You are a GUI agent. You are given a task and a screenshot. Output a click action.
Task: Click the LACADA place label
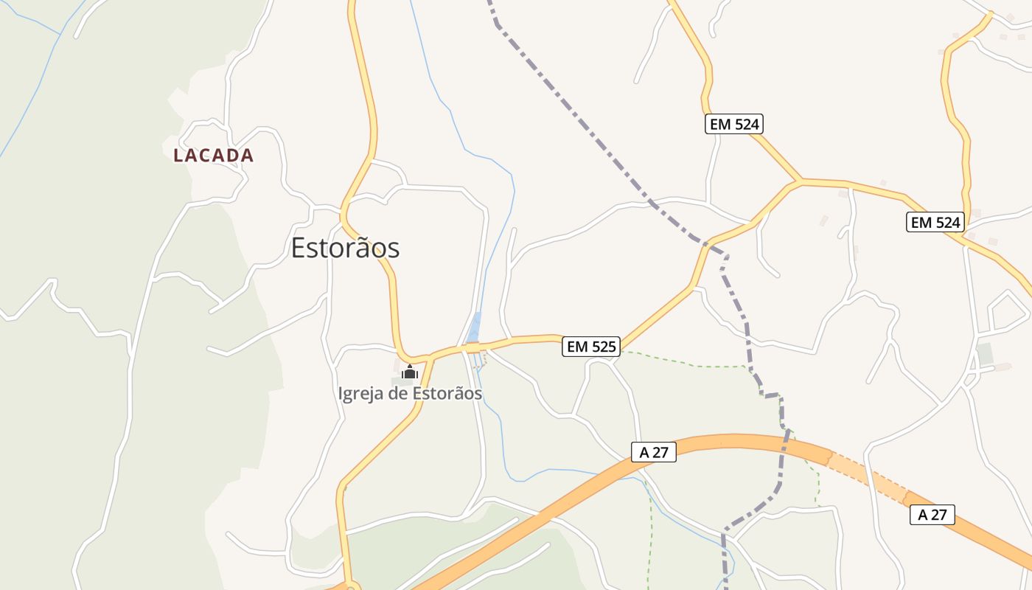213,156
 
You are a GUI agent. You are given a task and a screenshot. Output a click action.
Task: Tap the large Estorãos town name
345,248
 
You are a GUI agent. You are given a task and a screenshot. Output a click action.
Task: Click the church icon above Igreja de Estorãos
410,372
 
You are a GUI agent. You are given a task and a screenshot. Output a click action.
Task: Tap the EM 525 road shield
591,346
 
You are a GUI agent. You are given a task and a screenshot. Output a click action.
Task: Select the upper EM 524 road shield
733,124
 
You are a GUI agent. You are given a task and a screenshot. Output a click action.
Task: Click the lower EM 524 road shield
935,222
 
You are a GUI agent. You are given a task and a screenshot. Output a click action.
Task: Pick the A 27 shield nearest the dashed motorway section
932,515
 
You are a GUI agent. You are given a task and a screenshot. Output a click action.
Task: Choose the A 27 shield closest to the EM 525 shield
653,452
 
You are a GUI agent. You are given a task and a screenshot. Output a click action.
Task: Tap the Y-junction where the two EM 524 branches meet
799,180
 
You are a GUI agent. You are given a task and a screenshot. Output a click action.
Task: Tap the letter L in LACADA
178,156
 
